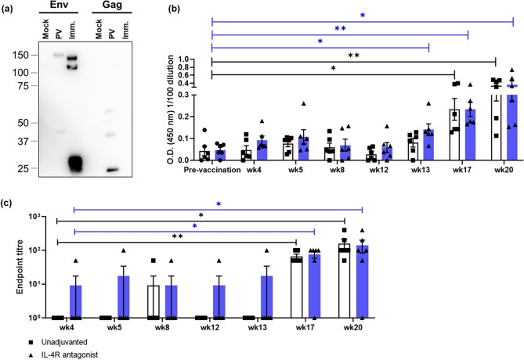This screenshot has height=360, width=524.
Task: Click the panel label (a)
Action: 11,8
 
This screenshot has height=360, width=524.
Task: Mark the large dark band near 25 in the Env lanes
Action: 98,163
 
